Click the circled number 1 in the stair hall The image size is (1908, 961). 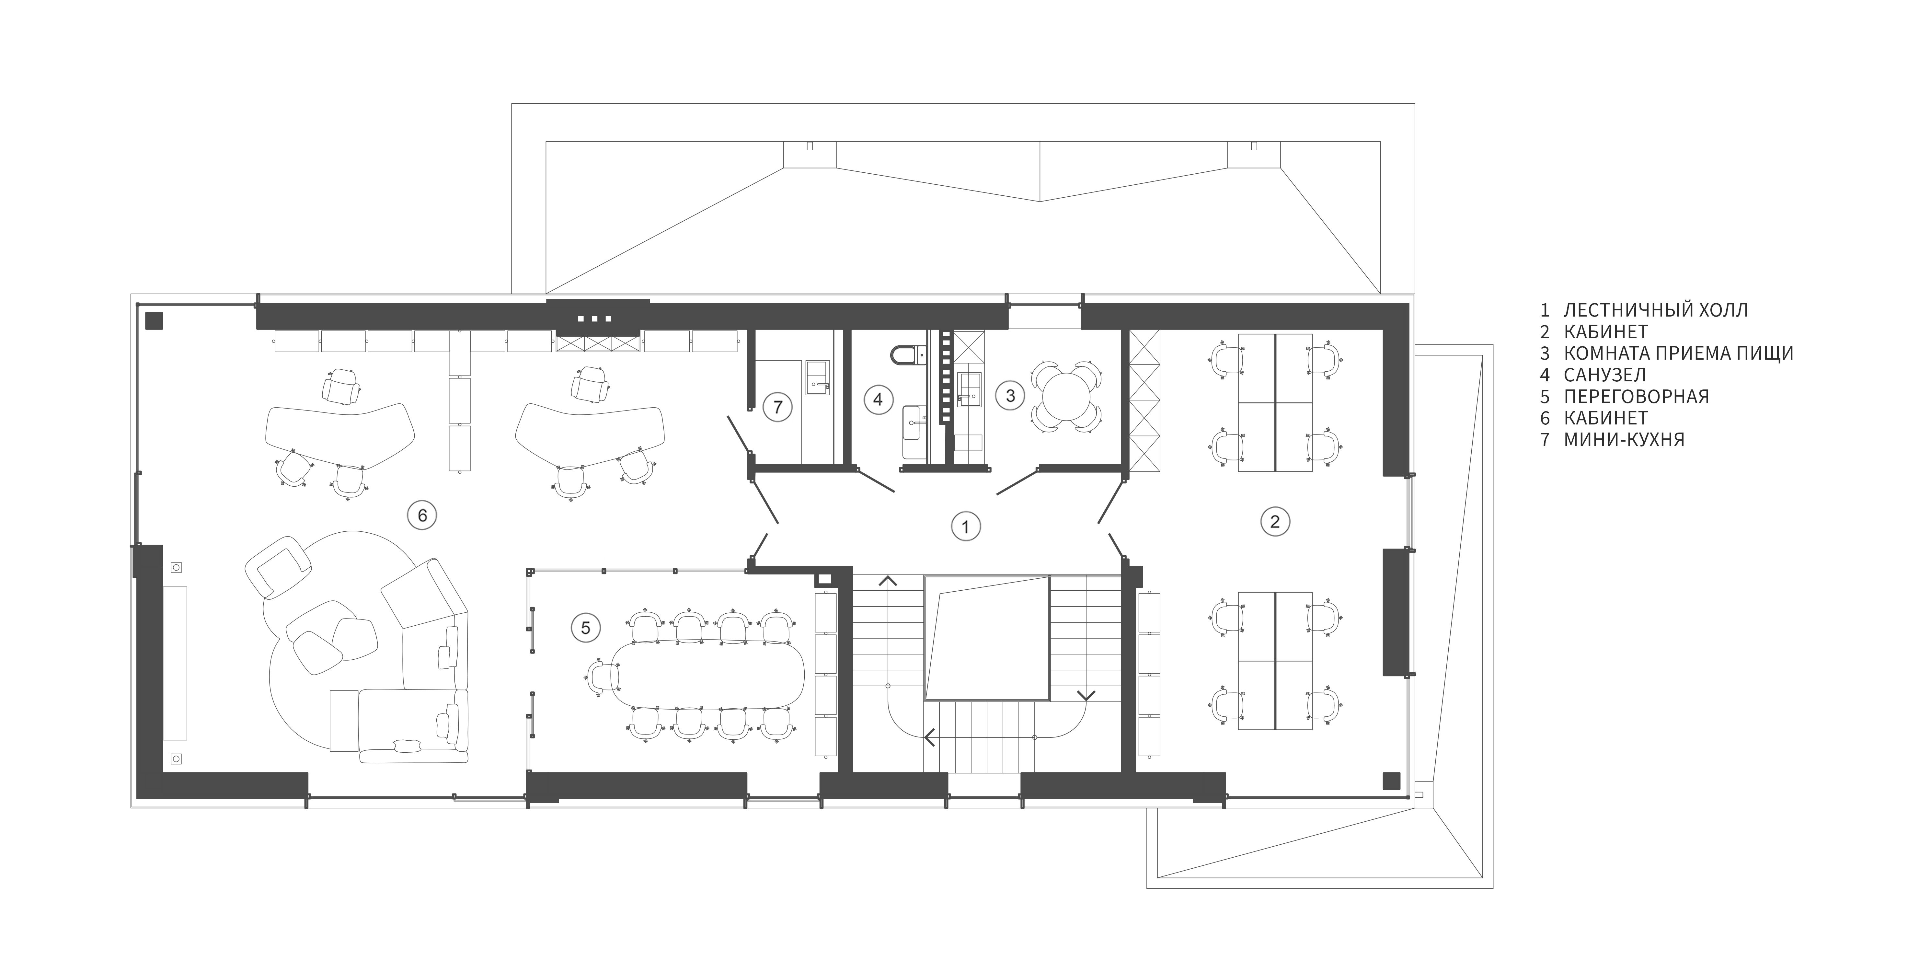coord(965,527)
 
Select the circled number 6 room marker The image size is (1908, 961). coord(422,515)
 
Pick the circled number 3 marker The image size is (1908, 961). coord(1010,396)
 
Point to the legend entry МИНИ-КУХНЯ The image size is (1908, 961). coord(1624,439)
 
